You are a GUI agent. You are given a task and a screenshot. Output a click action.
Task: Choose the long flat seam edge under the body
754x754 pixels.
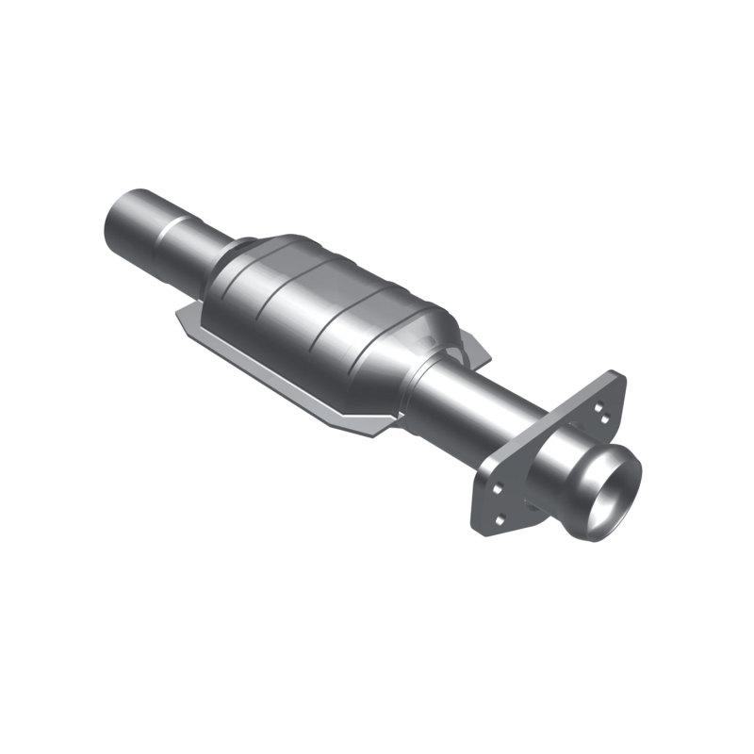coord(273,377)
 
